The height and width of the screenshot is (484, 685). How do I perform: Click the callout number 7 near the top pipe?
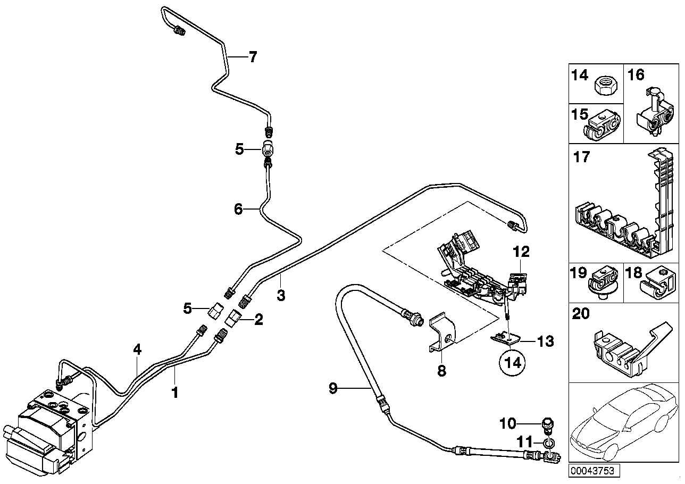tap(252, 57)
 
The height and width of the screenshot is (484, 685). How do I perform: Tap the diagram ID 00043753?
tap(592, 471)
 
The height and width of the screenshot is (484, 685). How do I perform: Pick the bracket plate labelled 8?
tap(443, 333)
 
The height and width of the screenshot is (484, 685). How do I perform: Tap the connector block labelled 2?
tap(235, 319)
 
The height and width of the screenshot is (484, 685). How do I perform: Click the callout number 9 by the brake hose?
tap(333, 389)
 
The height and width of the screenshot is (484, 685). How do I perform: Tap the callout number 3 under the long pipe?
tap(281, 295)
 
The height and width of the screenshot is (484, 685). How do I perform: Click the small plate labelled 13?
tap(505, 337)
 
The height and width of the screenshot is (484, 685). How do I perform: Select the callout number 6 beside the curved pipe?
tap(238, 210)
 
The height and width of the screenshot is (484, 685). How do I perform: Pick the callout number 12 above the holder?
tap(522, 251)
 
